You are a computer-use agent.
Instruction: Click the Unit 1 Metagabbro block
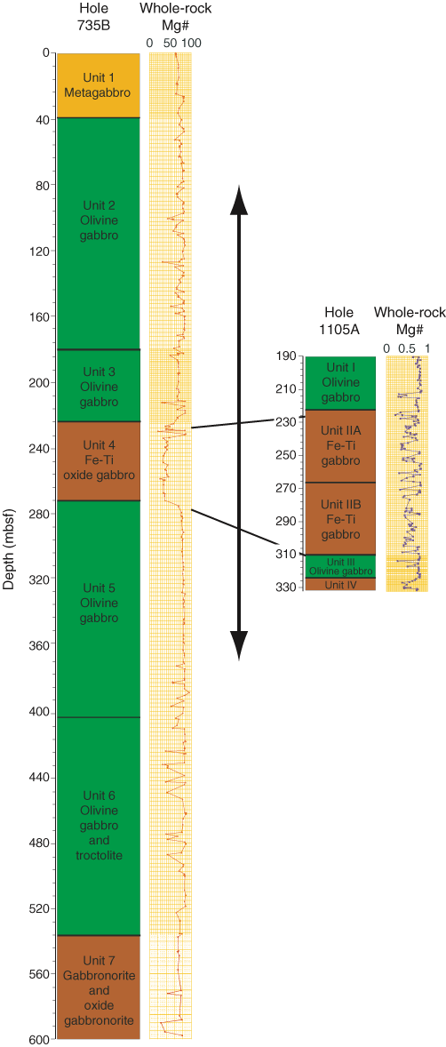(x=98, y=84)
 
